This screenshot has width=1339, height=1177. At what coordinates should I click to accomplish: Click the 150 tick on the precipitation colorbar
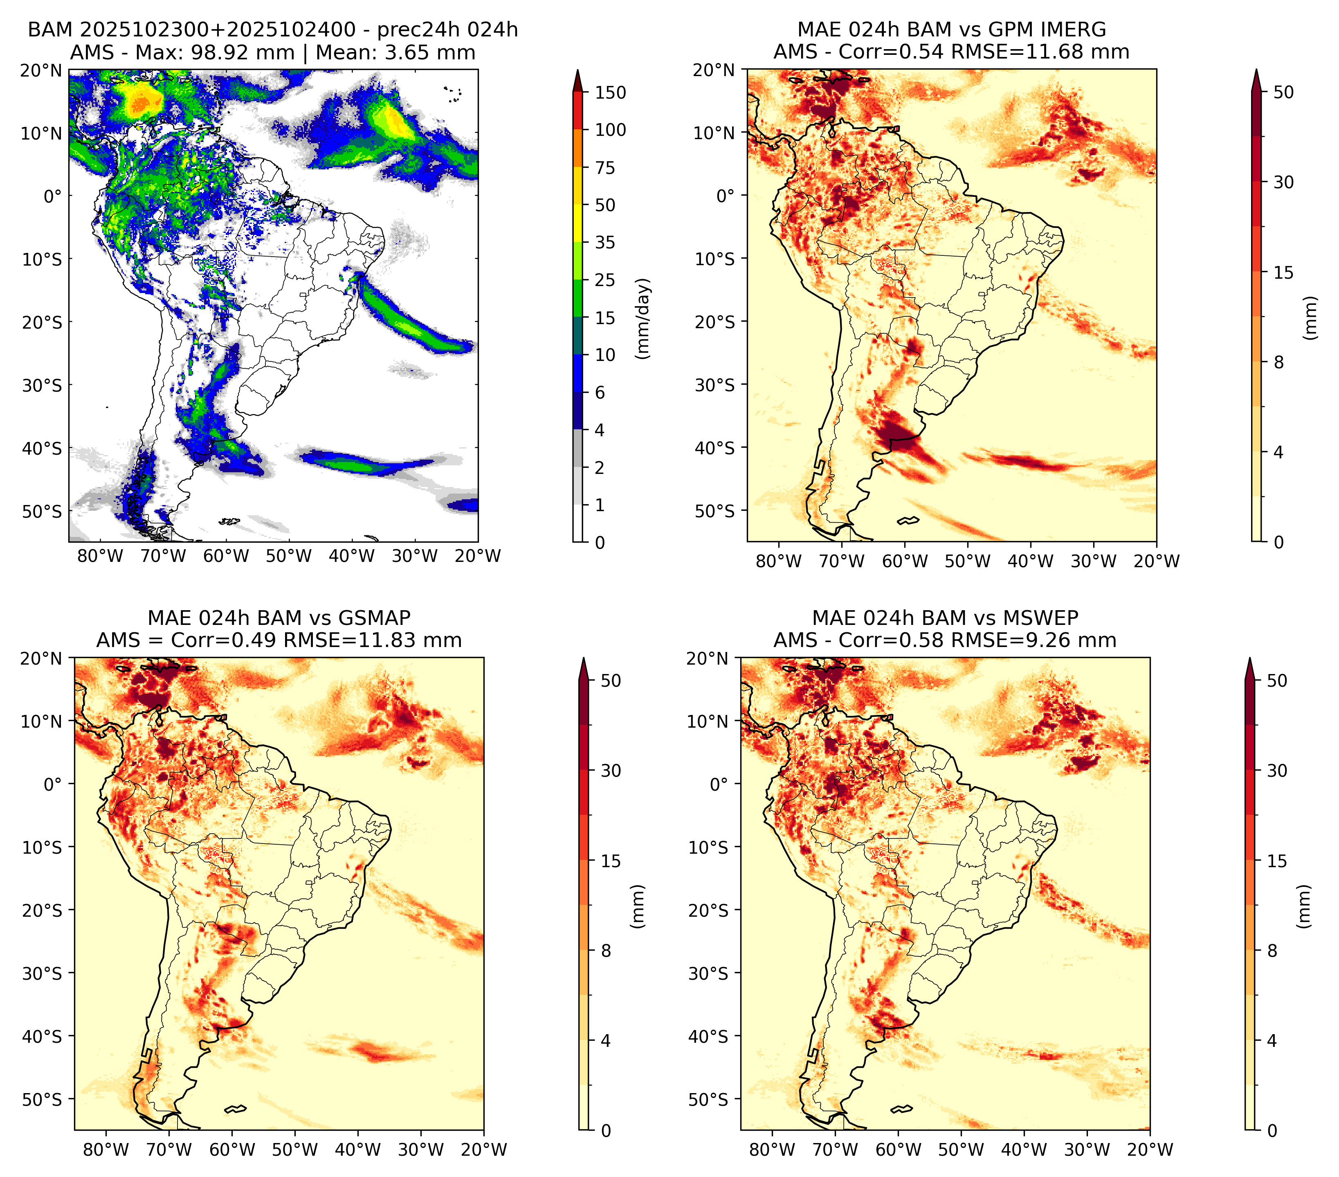point(610,92)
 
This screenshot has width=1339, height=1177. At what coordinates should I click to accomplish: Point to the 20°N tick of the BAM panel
point(41,70)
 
